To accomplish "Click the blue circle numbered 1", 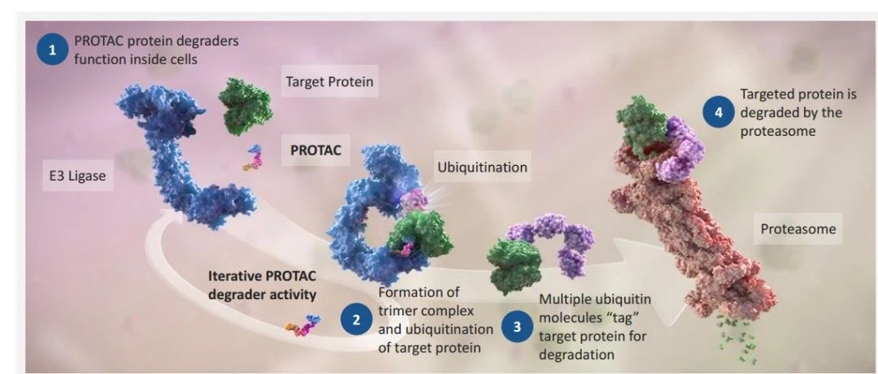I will (53, 50).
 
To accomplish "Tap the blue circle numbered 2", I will (354, 320).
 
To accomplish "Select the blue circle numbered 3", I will (516, 328).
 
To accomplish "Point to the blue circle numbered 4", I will (719, 113).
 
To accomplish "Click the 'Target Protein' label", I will (328, 81).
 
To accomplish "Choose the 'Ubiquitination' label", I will (482, 167).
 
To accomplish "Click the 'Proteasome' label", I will (798, 229).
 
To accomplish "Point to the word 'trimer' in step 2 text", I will (397, 310).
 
